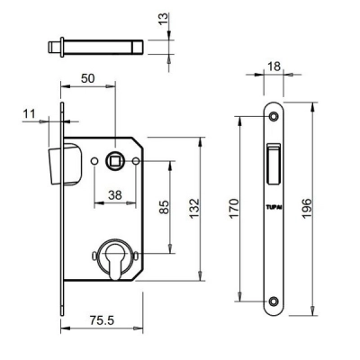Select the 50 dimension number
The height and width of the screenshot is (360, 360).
[x=88, y=80]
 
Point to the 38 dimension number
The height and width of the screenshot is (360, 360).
[x=114, y=193]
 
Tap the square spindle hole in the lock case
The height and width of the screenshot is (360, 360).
[x=116, y=161]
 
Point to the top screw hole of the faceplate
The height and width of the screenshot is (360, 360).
[x=276, y=117]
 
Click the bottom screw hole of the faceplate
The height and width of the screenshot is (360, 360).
[x=276, y=301]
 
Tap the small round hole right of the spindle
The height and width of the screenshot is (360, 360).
[x=135, y=161]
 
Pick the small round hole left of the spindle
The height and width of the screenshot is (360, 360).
[x=97, y=161]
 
